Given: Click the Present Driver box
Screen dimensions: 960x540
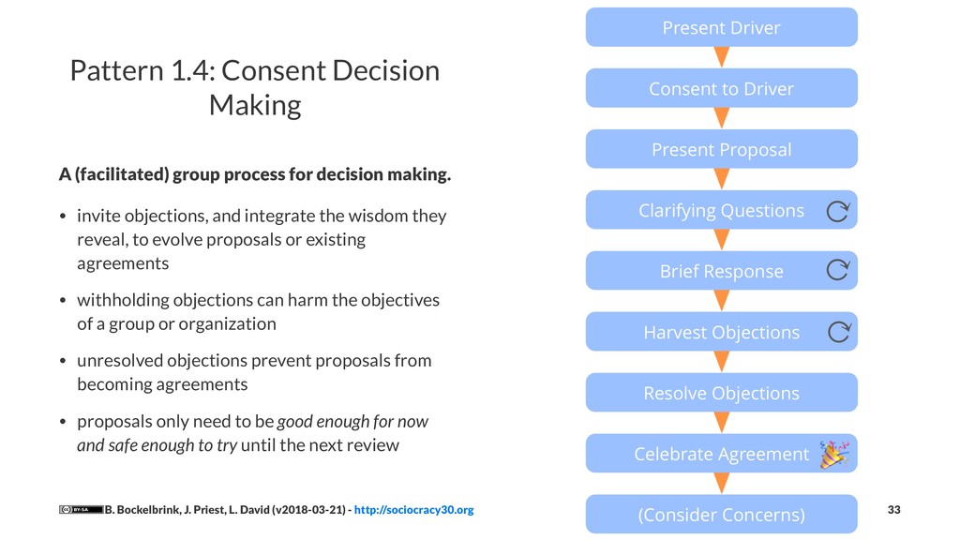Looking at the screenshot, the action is pos(721,27).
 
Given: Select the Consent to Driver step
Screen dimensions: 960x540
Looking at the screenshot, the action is pos(721,88).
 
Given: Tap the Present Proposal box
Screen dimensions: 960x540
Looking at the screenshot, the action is pos(721,149).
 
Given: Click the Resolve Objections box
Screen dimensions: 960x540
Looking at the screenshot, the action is pos(721,393).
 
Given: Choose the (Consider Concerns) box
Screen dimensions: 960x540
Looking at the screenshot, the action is pos(721,515).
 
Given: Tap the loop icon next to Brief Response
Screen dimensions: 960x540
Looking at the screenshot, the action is pos(838,272).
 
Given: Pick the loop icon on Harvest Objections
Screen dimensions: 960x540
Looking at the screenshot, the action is pos(838,332).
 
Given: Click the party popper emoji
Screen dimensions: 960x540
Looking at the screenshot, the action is pos(833,454).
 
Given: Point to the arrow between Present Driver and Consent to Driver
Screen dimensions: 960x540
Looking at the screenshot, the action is pos(721,57).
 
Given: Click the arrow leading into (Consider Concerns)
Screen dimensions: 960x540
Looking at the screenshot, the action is pos(721,484).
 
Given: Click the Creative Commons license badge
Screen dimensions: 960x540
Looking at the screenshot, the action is pos(81,510).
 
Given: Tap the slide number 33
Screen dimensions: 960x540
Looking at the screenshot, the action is pos(893,509).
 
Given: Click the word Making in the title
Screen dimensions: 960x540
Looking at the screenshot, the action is pos(255,105).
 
